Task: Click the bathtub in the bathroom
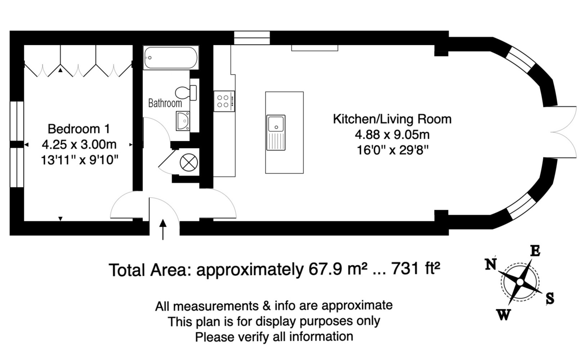[x=171, y=57]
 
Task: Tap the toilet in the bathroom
[x=186, y=93]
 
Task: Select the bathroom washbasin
[x=183, y=121]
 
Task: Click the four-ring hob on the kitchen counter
[x=224, y=101]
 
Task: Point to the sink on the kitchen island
[x=276, y=133]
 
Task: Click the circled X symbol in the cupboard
[x=189, y=162]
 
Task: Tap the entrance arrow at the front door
[x=163, y=230]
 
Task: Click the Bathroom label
[x=165, y=103]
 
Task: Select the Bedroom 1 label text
[x=79, y=129]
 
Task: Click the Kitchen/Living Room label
[x=392, y=119]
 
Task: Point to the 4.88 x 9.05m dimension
[x=392, y=135]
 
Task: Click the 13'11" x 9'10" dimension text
[x=79, y=160]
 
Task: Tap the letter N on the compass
[x=491, y=264]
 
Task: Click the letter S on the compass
[x=550, y=298]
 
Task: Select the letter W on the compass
[x=504, y=315]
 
